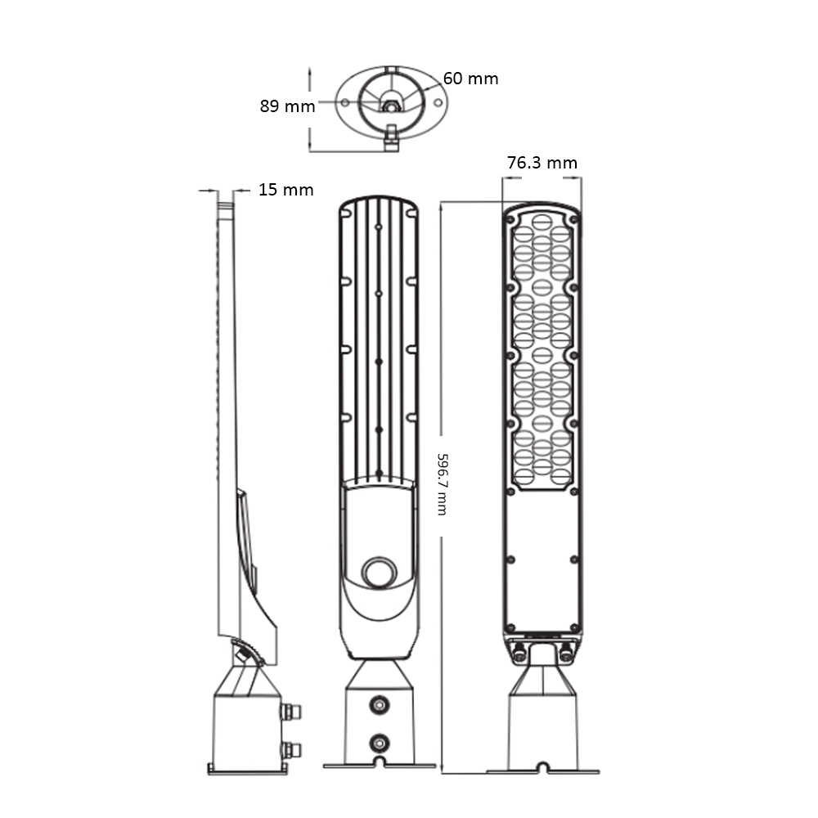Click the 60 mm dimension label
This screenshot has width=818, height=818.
click(470, 79)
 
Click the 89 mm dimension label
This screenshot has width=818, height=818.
click(287, 106)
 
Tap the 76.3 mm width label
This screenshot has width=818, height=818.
click(542, 163)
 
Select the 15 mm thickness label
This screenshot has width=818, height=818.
click(285, 190)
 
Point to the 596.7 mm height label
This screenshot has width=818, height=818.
click(442, 484)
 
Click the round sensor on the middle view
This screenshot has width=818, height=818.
click(380, 573)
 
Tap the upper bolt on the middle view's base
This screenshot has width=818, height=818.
click(380, 705)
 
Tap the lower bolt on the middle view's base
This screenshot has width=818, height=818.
click(380, 743)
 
